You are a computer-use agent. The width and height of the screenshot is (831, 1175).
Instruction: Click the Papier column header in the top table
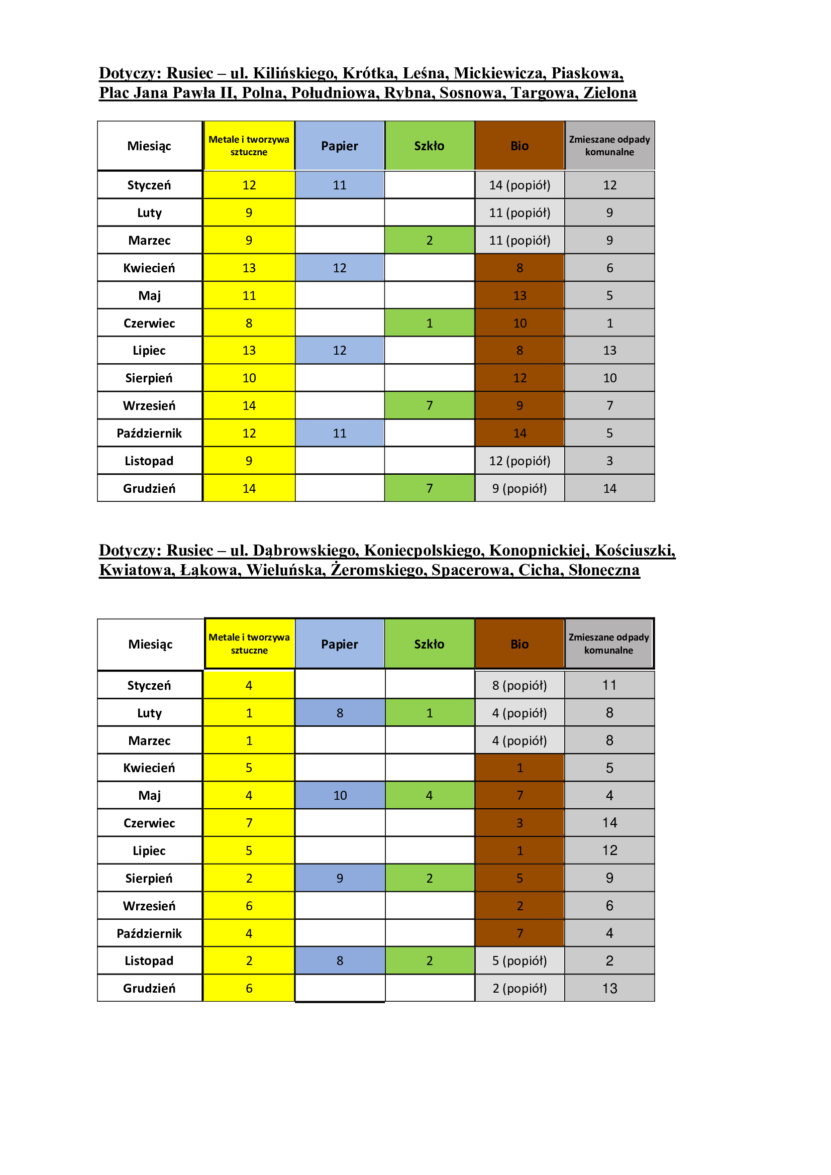tap(339, 146)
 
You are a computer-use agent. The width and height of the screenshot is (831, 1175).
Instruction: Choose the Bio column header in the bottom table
tap(520, 644)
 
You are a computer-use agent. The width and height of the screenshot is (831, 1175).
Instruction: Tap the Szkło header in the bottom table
tap(429, 644)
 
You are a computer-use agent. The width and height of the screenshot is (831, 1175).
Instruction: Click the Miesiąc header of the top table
tap(149, 146)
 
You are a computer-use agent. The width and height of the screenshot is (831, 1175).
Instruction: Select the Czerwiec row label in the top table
tap(149, 323)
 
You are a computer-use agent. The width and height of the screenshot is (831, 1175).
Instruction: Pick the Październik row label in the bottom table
tap(149, 933)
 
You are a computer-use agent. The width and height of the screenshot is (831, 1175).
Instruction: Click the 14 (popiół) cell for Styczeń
tap(520, 185)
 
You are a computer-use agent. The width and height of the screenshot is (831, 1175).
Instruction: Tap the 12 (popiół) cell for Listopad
tap(520, 461)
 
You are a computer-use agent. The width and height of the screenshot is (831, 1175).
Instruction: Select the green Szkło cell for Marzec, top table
tap(429, 240)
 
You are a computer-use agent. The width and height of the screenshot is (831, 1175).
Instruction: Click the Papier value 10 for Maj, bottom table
tap(340, 795)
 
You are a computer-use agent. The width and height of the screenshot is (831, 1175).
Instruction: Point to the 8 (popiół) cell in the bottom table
tap(520, 685)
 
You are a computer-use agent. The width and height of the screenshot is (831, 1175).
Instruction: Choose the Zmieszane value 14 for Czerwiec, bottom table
tap(609, 823)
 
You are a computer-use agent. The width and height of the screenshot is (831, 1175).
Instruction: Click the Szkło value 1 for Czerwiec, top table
tap(429, 323)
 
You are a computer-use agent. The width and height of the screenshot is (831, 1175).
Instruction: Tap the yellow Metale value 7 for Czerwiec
tap(249, 823)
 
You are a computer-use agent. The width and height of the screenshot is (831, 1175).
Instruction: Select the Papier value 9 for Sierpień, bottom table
tap(340, 878)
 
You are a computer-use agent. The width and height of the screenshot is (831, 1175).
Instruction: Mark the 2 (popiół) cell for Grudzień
tap(520, 988)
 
